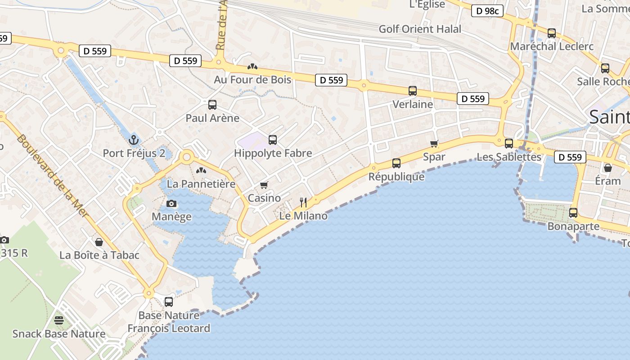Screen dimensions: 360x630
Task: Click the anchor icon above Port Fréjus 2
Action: pos(134,139)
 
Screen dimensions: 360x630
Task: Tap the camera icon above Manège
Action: pos(171,203)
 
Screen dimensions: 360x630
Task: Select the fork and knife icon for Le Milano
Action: pos(303,202)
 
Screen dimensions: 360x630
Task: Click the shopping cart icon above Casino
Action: pos(264,185)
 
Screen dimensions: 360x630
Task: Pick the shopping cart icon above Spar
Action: pos(434,144)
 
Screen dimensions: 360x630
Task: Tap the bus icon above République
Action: pos(396,163)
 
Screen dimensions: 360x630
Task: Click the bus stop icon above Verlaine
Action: pos(413,91)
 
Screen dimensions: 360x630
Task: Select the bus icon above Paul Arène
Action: pos(212,105)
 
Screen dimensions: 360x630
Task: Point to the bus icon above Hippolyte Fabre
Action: pos(273,140)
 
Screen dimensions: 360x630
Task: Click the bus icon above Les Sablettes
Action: pos(509,144)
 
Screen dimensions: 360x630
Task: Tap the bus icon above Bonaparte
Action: pos(573,213)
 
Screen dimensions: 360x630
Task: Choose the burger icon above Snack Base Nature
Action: pos(59,320)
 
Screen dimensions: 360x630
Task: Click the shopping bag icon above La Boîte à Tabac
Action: pos(99,242)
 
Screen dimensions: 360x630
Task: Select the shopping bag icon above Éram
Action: pos(608,168)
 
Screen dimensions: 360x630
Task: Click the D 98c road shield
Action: pos(487,11)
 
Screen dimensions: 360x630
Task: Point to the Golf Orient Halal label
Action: pos(420,29)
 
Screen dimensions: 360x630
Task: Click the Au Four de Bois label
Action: pos(252,80)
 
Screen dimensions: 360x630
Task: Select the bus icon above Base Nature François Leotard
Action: pos(169,302)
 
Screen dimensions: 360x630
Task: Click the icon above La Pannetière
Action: pos(201,171)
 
